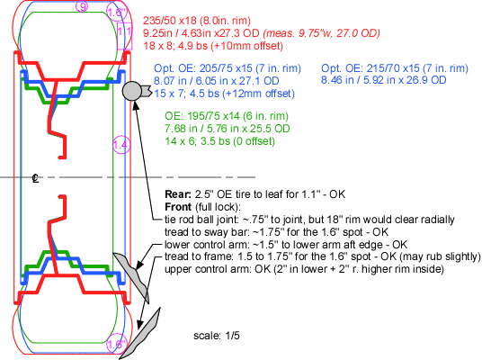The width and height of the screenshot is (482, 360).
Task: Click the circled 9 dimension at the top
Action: click(83, 7)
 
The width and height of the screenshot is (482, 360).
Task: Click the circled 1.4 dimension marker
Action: click(120, 144)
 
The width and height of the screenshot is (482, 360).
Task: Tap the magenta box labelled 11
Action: click(124, 31)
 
